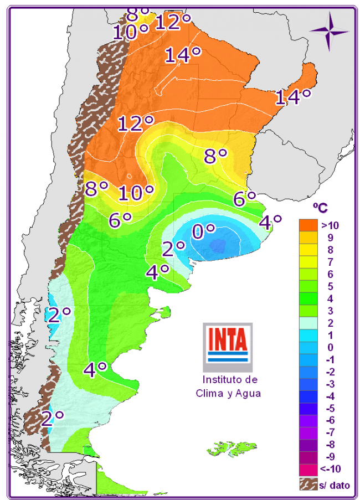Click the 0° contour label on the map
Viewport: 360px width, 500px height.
[203, 231]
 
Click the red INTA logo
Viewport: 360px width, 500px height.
[228, 339]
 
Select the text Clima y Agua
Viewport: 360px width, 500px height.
[228, 393]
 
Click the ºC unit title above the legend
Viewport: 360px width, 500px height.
[320, 208]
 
